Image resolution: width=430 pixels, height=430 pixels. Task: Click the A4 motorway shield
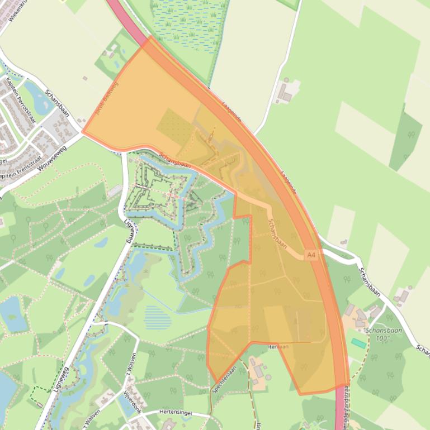[311, 255]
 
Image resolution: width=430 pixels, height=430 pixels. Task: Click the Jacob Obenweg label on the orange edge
[107, 98]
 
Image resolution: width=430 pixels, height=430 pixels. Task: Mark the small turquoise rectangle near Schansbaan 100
[358, 343]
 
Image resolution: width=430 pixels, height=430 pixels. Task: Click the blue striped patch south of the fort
[158, 318]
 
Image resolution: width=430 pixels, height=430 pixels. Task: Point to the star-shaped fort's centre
[163, 193]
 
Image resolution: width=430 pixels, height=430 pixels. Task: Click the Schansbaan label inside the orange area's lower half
[277, 234]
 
